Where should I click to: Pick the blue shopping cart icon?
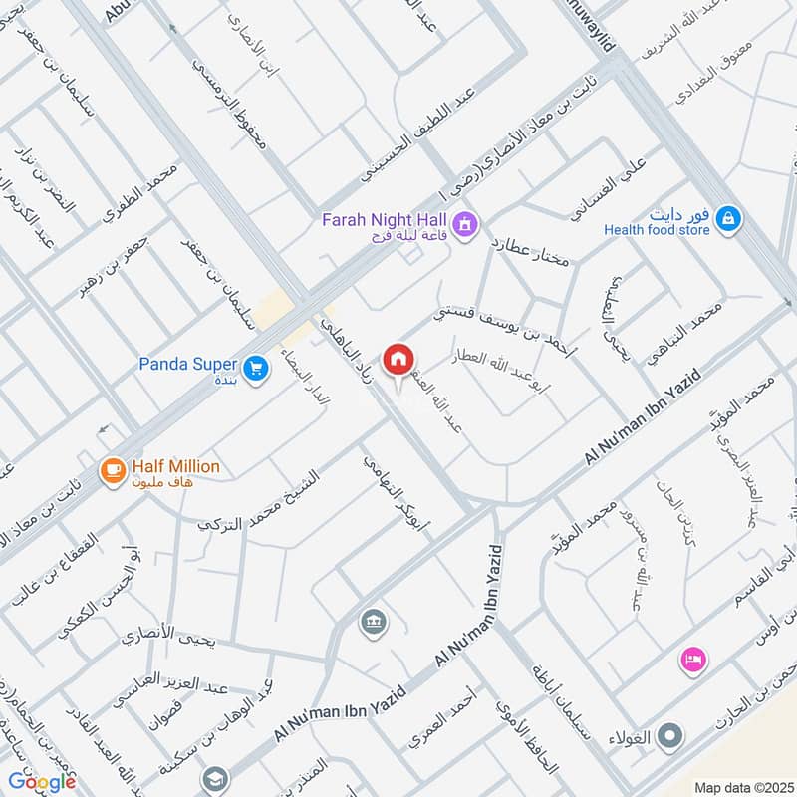[257, 369]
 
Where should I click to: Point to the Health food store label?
[657, 230]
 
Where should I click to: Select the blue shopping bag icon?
[729, 217]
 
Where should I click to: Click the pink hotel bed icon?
[691, 659]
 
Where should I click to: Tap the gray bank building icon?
[375, 622]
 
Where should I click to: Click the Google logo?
[42, 782]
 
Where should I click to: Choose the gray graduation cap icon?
[213, 779]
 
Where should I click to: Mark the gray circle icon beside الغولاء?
[672, 737]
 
